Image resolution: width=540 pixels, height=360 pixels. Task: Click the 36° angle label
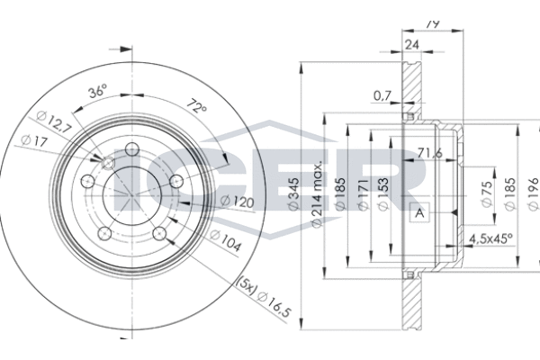[98, 91]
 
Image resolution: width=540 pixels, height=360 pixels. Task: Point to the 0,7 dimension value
[382, 94]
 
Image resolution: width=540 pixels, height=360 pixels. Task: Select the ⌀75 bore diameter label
[487, 193]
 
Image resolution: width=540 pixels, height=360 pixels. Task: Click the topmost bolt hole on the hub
[132, 150]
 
